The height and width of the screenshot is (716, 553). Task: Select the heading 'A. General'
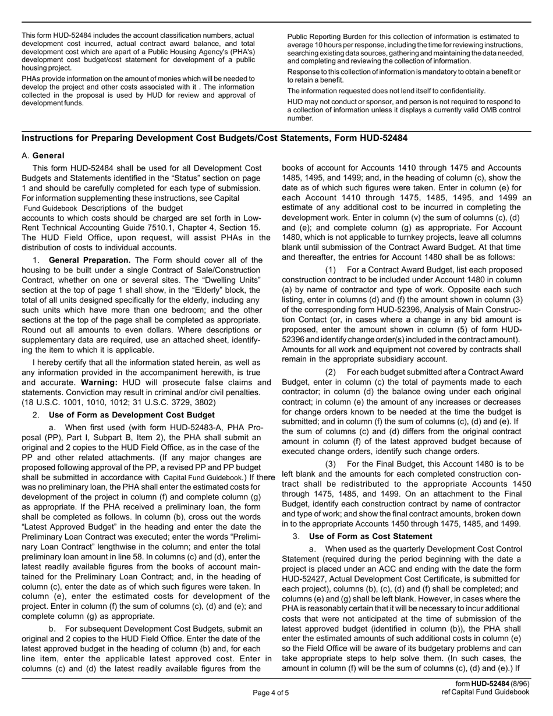(x=43, y=155)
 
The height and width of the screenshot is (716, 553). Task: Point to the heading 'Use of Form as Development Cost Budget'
(x=132, y=414)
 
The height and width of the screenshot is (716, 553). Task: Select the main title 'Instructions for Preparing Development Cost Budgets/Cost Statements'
(x=214, y=138)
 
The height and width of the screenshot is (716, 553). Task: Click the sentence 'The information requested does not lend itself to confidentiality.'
(x=387, y=91)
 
